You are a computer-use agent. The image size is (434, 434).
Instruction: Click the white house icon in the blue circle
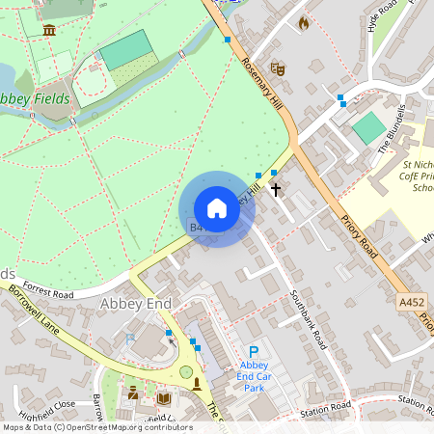pos(217,208)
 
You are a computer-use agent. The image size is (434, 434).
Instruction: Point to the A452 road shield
pos(411,302)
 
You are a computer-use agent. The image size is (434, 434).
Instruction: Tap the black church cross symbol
pos(276,189)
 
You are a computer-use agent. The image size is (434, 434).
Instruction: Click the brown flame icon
pos(304,22)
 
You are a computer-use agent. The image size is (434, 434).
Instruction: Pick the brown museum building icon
pos(49,30)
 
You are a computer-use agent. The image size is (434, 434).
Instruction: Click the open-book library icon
pos(164,397)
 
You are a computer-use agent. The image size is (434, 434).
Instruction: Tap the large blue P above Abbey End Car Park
pos(254,353)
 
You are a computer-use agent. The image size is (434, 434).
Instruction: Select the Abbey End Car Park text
pos(253,377)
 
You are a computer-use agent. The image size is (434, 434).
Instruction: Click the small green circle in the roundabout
pos(186,371)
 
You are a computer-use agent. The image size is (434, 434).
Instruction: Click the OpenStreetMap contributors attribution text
pos(96,427)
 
